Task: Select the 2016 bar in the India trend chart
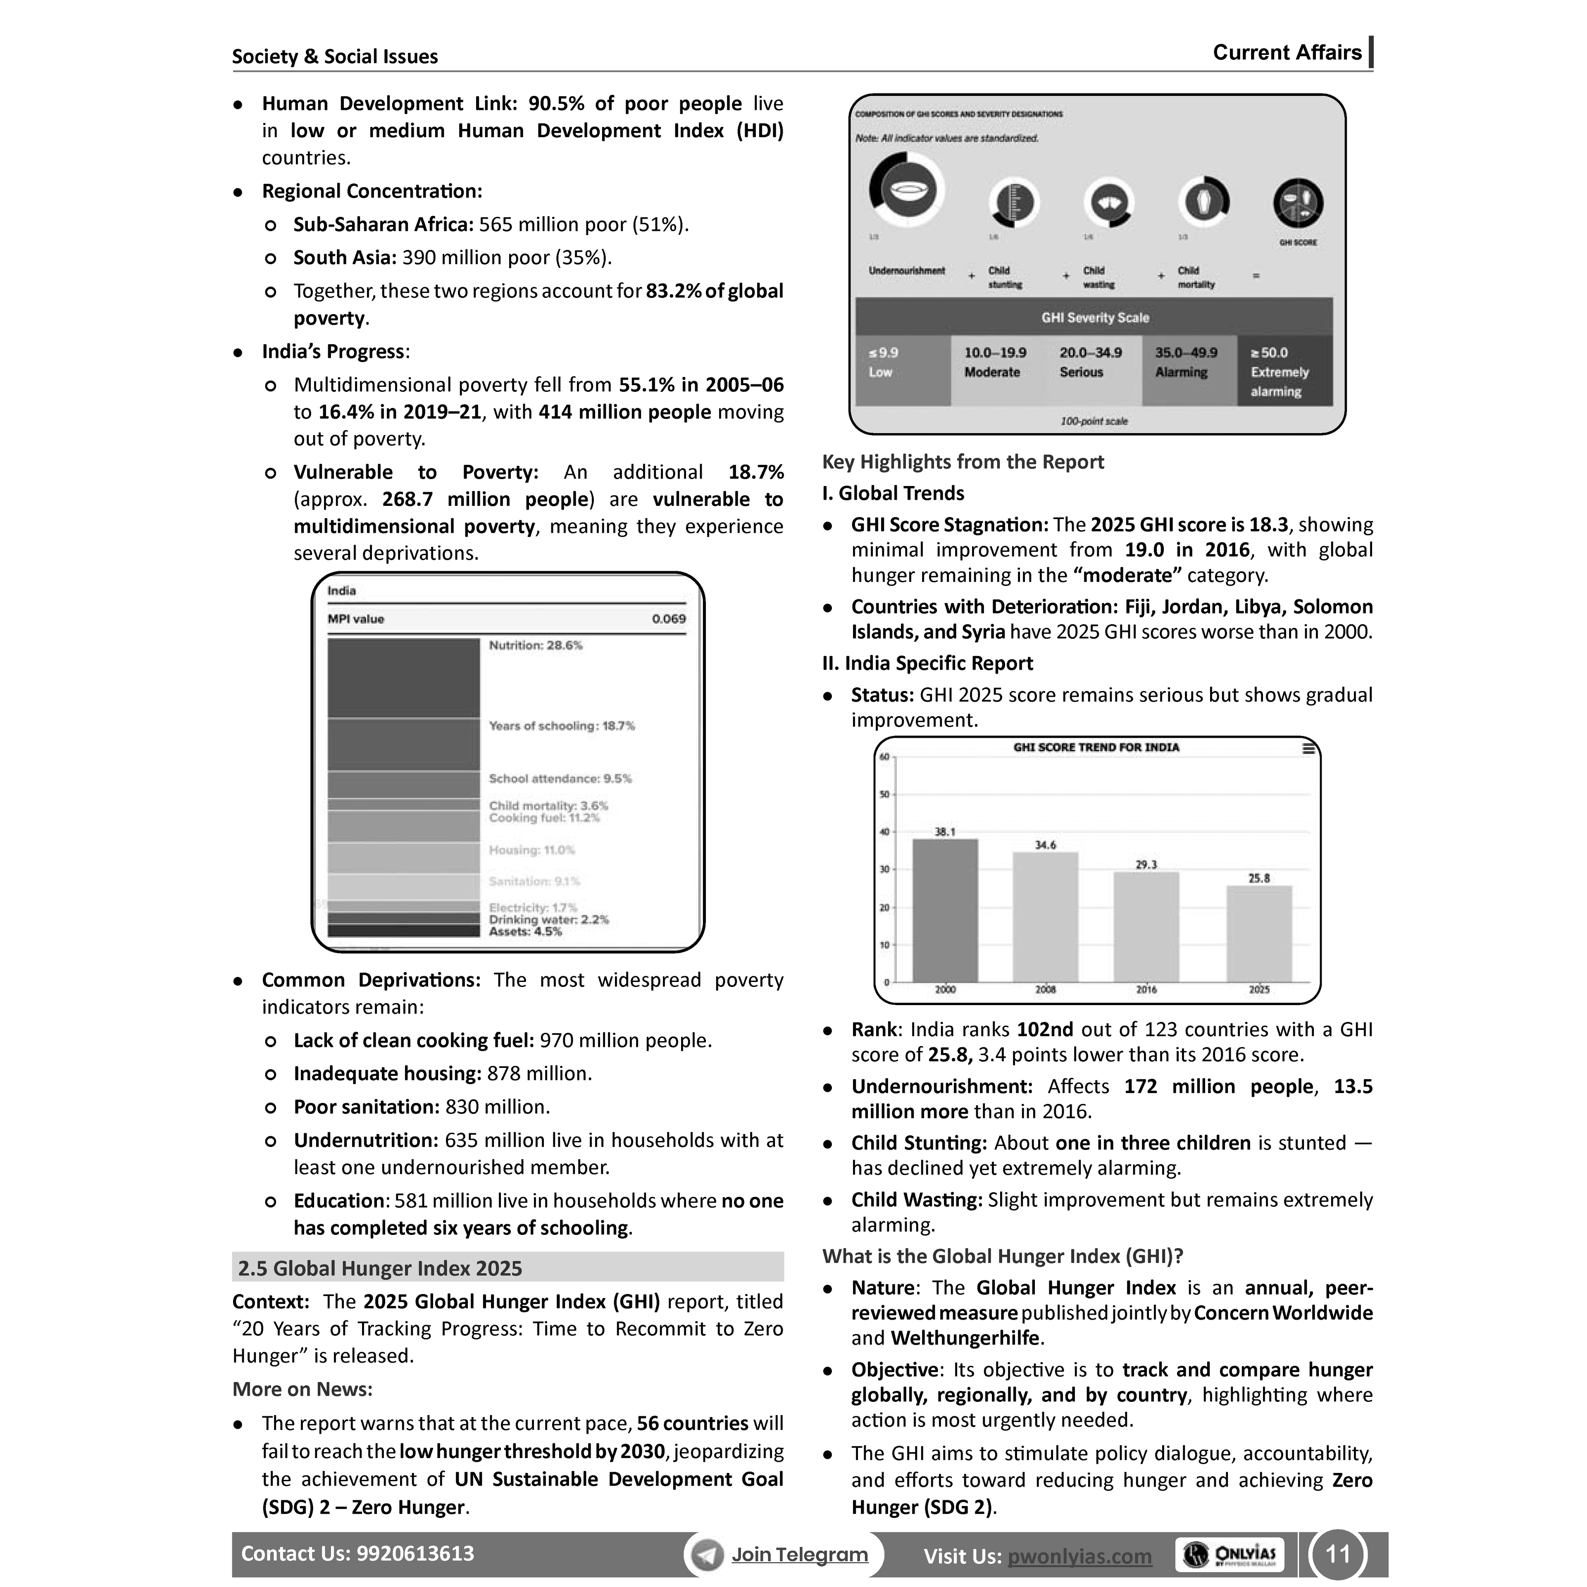[x=1146, y=927]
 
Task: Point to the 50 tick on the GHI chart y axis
[x=884, y=794]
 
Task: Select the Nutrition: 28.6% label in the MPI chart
[x=536, y=646]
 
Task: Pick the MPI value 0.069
[x=669, y=620]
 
